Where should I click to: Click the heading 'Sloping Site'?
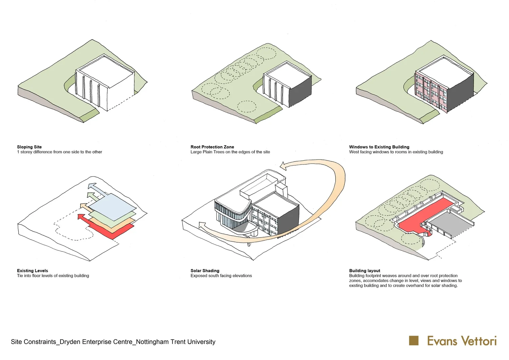coord(29,147)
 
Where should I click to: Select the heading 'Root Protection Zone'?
coord(212,147)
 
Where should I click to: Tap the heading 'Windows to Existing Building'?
coord(379,147)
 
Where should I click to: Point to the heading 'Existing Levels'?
coord(33,271)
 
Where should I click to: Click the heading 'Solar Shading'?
coord(205,271)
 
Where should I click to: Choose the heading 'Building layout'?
coord(364,271)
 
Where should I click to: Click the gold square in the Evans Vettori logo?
coord(414,341)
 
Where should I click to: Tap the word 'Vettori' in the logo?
coord(479,341)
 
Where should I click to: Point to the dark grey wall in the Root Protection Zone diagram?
coord(300,92)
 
